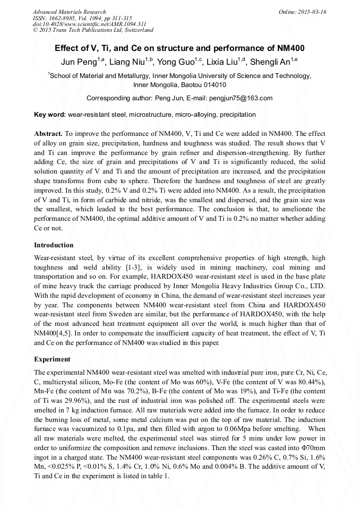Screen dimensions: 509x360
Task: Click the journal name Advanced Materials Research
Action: click(x=69, y=12)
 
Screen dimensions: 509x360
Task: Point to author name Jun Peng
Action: click(x=74, y=62)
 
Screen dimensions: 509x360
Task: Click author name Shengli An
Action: click(x=271, y=62)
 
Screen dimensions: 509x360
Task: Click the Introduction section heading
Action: click(x=54, y=245)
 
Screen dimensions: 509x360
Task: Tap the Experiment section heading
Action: click(x=52, y=359)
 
